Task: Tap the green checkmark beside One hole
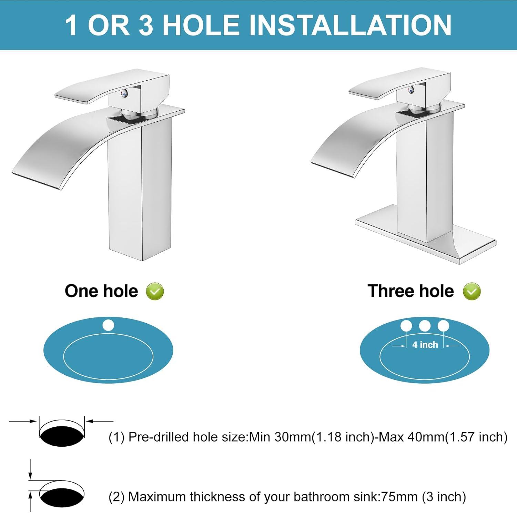coord(155,292)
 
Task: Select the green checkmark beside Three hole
coord(472,292)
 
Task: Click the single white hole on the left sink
coord(108,325)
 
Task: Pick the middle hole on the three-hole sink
coord(425,325)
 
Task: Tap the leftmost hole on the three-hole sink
coord(406,325)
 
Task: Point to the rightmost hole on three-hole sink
coord(443,325)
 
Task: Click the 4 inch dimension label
coord(425,345)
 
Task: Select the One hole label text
coord(101,291)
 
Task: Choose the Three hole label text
coord(410,291)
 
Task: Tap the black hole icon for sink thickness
coord(62,496)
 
